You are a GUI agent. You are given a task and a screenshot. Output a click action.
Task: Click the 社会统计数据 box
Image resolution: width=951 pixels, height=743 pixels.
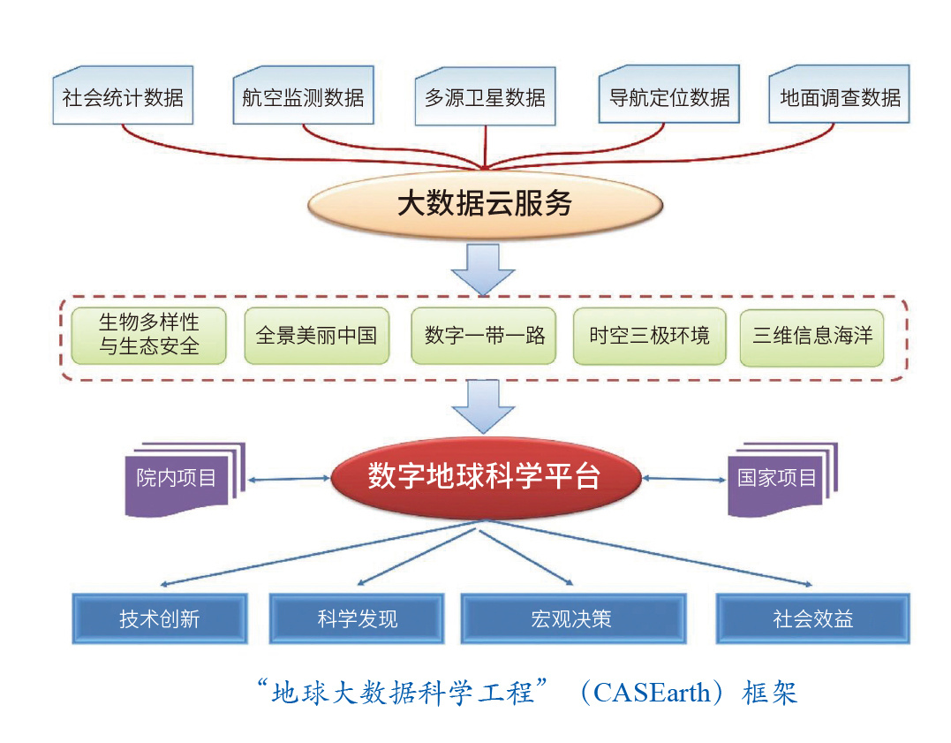click(123, 96)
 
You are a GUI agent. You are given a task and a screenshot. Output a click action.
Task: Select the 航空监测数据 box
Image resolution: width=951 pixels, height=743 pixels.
click(303, 96)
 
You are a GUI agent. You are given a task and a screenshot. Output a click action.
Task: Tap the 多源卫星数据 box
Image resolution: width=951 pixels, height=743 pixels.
click(485, 96)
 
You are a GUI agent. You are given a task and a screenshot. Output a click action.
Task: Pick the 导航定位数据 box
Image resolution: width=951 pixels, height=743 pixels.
click(668, 96)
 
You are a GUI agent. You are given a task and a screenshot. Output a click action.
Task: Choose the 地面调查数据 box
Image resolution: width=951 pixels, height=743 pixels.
click(839, 96)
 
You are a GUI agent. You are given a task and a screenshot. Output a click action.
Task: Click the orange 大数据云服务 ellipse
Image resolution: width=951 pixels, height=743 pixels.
click(485, 205)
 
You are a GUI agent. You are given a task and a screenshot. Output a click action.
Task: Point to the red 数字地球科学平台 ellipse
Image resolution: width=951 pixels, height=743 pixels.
click(485, 477)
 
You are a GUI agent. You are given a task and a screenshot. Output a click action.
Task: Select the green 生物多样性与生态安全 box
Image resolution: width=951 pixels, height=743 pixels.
click(148, 336)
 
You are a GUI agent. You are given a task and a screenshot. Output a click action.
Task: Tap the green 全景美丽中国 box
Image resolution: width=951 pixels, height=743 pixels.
click(316, 336)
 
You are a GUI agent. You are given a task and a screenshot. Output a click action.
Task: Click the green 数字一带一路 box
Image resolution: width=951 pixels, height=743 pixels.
click(484, 336)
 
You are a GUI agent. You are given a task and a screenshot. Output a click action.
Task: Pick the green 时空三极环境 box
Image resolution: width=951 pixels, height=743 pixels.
click(649, 336)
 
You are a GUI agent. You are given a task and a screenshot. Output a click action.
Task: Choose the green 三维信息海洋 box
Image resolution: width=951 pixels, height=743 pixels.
click(811, 336)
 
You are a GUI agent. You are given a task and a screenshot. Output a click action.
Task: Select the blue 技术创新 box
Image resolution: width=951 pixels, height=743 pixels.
click(160, 618)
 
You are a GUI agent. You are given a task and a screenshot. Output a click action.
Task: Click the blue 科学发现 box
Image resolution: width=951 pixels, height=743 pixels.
click(357, 618)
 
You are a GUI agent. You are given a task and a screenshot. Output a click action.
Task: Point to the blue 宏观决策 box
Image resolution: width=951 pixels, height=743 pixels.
click(573, 618)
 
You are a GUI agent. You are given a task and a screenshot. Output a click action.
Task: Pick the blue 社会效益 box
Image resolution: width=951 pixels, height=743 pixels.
click(812, 618)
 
